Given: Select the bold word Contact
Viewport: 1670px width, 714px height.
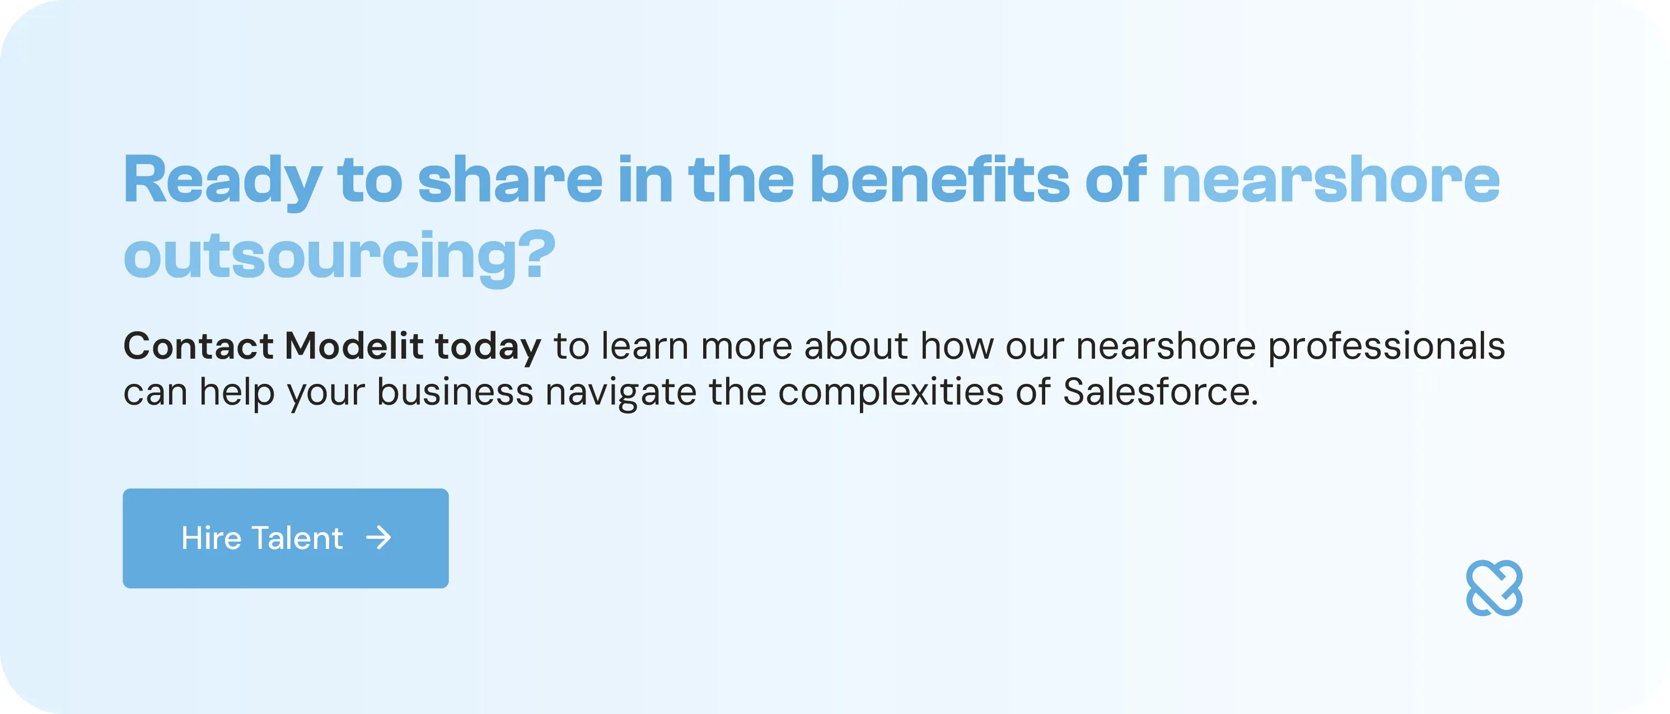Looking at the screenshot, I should click(198, 346).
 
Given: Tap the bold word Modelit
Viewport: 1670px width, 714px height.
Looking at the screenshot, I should click(354, 346).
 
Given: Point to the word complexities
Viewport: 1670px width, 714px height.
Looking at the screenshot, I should click(891, 393).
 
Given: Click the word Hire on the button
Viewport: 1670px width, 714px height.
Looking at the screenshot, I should click(212, 538).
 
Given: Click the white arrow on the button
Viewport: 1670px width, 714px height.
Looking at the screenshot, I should click(378, 538).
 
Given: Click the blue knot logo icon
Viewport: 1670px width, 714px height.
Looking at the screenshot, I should click(1494, 588).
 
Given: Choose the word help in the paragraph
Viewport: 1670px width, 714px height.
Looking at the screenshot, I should click(237, 393).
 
